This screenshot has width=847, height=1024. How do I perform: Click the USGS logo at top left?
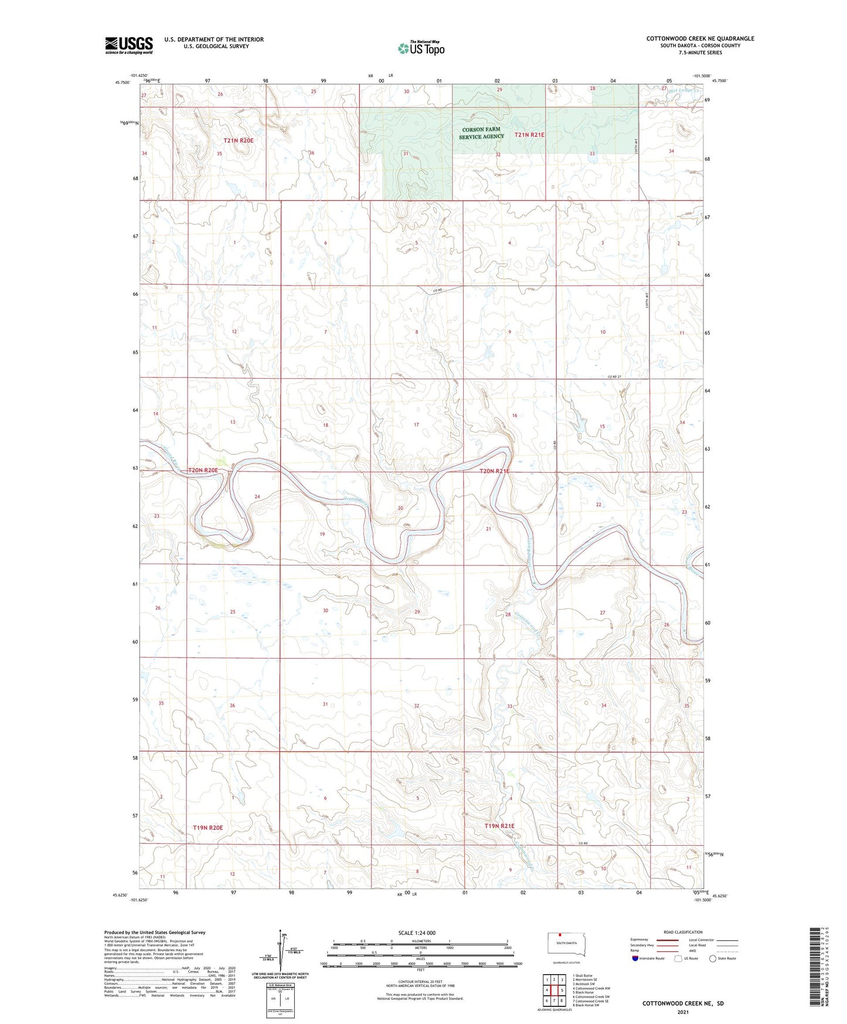point(129,45)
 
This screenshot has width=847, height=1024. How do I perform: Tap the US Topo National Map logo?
point(421,48)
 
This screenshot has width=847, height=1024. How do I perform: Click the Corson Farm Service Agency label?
point(481,133)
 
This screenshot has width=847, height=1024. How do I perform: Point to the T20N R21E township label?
point(495,471)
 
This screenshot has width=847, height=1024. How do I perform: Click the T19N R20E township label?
point(208,828)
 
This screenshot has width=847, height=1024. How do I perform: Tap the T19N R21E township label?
point(499,826)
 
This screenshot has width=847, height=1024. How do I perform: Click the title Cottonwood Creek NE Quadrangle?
point(700,39)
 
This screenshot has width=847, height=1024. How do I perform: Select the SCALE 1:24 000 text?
point(417,933)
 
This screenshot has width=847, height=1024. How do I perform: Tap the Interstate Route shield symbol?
point(636,958)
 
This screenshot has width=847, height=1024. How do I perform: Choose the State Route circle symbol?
point(713,958)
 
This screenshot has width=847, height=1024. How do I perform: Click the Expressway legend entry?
point(639,939)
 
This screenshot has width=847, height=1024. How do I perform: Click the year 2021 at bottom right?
point(683,1012)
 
